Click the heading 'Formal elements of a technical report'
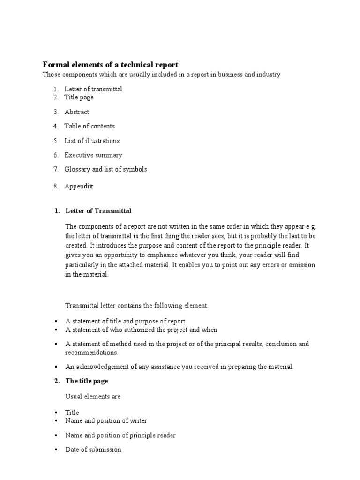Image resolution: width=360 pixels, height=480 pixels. coord(111,65)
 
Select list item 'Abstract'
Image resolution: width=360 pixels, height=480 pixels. coord(76,112)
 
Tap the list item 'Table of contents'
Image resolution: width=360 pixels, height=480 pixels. coord(89,126)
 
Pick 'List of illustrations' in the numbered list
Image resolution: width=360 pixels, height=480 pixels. coord(92,141)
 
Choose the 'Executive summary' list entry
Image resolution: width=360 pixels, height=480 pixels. coord(93,155)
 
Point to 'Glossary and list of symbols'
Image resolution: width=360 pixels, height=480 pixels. coord(105,169)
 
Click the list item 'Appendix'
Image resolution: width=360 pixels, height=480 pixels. coord(79,186)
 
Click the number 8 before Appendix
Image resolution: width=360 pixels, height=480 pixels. coord(55,186)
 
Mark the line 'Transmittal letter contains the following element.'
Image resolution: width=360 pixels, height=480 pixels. coord(136,306)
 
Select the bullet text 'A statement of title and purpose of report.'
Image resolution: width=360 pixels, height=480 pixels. coord(126,321)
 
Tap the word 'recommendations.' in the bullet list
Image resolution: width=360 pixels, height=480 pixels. coord(91,352)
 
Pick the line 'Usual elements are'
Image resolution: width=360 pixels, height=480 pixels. coord(93,397)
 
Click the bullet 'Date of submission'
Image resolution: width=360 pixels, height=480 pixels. coord(93,450)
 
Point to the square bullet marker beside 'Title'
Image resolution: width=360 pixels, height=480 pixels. coord(56,413)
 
